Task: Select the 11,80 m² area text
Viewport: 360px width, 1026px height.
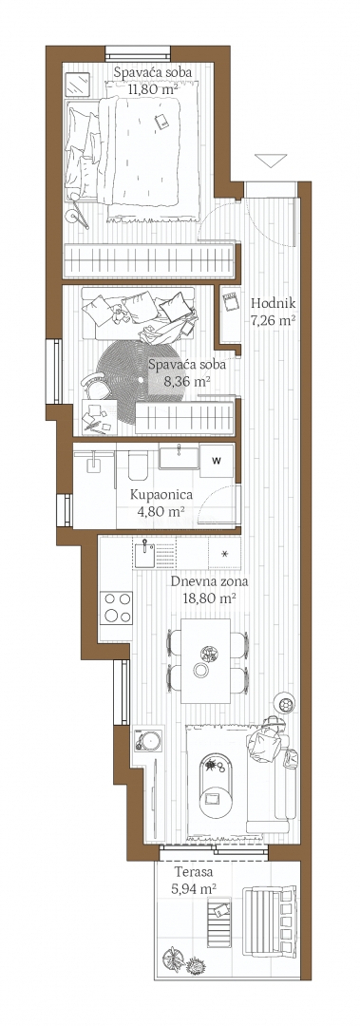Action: point(153,85)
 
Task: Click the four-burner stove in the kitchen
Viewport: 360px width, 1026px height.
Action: point(116,607)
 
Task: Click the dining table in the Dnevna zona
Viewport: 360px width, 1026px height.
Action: point(205,661)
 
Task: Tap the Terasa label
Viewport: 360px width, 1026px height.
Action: point(193,873)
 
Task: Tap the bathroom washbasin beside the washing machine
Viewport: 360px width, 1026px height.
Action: point(178,457)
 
